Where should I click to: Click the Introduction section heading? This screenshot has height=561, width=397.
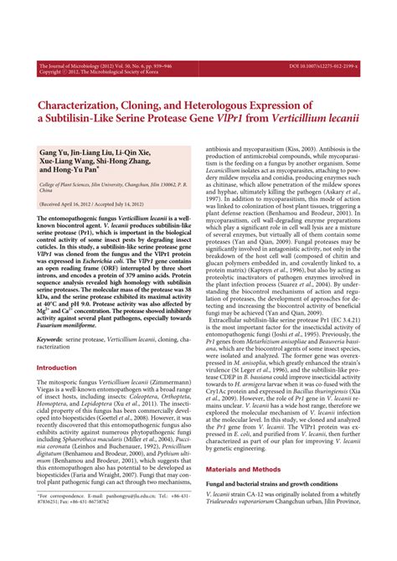(69, 368)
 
